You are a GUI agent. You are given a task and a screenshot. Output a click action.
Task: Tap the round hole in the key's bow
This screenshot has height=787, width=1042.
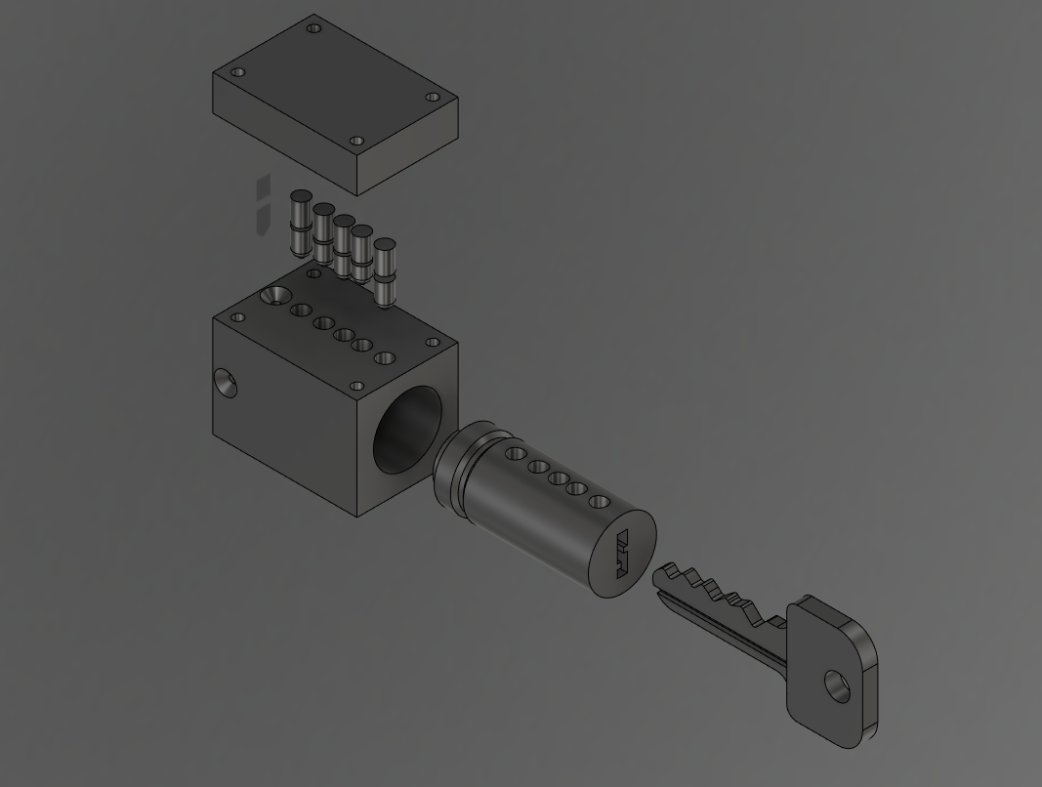click(x=837, y=686)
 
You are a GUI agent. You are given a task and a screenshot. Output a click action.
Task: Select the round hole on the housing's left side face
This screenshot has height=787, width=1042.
click(x=226, y=384)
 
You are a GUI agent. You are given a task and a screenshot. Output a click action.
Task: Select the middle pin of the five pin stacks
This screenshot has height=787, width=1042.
click(x=343, y=246)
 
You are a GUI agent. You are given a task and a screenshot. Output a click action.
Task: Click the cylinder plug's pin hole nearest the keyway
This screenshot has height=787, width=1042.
click(x=600, y=502)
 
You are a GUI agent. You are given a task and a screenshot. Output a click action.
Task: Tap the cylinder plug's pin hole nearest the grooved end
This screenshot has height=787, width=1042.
click(x=514, y=453)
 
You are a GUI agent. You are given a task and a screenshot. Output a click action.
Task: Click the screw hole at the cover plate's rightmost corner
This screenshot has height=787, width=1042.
click(x=434, y=97)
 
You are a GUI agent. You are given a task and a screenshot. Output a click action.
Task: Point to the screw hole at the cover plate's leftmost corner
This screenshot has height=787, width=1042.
click(x=237, y=72)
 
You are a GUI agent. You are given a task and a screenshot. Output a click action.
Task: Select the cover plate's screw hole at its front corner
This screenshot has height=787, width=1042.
click(x=357, y=141)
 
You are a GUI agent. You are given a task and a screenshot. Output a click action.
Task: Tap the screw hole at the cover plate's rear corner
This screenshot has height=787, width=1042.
click(x=313, y=28)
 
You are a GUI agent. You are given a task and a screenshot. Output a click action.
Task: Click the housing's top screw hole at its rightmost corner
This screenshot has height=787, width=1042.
click(x=434, y=343)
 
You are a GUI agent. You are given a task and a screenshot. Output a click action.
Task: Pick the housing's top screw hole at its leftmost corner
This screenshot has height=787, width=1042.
click(x=237, y=317)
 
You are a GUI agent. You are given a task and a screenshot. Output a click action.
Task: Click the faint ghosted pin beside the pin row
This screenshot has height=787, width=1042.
click(x=263, y=205)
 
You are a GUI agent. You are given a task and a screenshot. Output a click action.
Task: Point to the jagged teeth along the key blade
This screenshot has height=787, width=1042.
click(x=723, y=593)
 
